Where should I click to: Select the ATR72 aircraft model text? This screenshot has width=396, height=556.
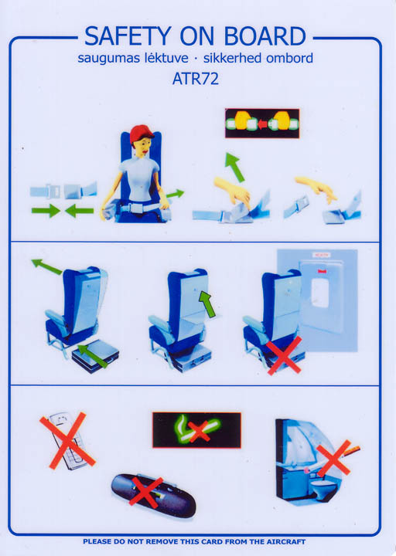[196, 79]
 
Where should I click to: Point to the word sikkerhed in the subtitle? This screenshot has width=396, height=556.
[233, 58]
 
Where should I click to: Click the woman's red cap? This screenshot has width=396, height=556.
[142, 134]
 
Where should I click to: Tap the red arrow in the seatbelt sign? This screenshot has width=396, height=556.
[262, 124]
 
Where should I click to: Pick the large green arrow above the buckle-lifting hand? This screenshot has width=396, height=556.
[235, 167]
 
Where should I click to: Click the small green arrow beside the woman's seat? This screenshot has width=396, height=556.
[176, 194]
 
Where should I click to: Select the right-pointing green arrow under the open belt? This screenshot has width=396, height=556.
[46, 211]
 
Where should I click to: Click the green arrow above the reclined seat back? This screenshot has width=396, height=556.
[47, 266]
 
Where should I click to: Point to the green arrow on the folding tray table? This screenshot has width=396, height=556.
[207, 304]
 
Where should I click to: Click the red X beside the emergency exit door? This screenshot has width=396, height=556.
[285, 356]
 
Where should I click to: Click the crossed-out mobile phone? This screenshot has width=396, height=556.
[67, 441]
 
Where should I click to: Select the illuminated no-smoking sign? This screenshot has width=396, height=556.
[196, 430]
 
